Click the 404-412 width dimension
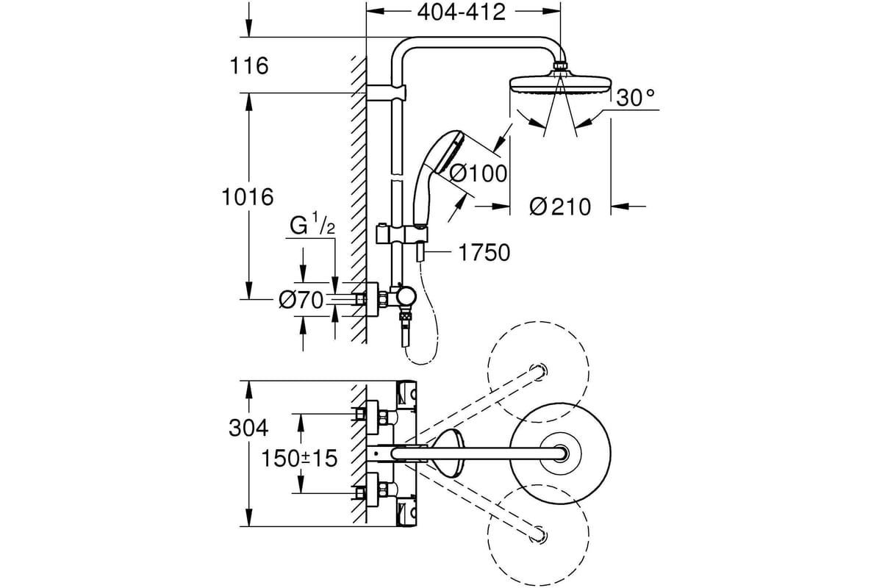461,12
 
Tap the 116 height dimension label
249,65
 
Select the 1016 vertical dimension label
248,197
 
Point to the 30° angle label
636,98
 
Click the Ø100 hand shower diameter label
478,173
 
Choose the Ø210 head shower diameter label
560,207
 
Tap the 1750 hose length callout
484,252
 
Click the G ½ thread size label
312,223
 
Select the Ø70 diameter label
301,300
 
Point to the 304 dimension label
248,428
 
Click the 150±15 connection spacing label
299,458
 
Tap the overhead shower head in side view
560,83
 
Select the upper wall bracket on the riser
387,93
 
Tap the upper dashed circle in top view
538,372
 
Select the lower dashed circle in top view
538,535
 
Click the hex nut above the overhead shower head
560,65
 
